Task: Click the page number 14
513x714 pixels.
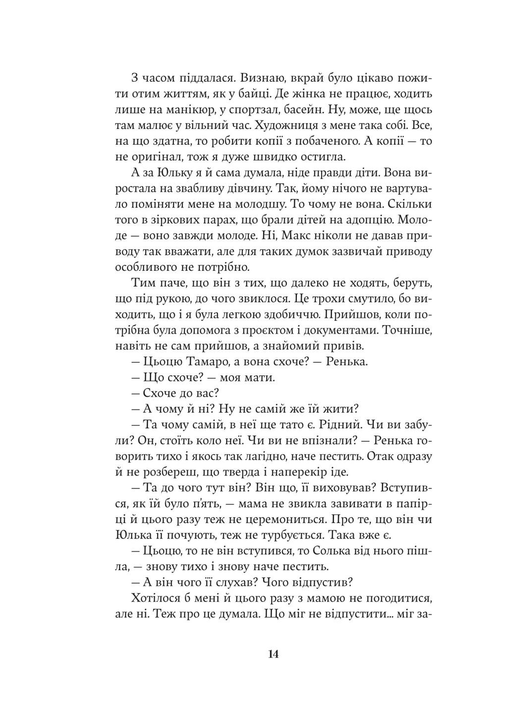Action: pos(273,654)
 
